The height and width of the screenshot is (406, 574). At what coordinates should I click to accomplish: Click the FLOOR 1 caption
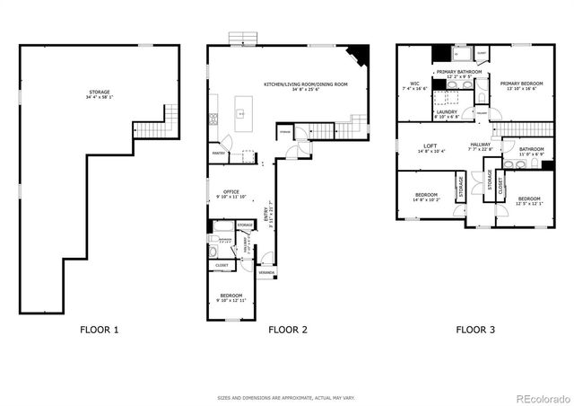click(99, 330)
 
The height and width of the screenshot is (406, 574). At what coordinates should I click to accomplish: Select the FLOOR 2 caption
click(288, 330)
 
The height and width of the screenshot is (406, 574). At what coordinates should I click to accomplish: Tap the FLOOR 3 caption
click(475, 330)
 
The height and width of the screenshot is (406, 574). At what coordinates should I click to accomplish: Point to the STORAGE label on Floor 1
click(100, 93)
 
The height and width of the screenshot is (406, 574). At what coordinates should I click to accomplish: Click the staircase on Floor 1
click(152, 125)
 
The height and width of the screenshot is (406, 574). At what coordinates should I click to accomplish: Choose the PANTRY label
click(218, 154)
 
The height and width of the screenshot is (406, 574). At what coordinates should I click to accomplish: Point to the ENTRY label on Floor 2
click(266, 216)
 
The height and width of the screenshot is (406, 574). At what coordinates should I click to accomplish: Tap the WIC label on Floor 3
click(415, 84)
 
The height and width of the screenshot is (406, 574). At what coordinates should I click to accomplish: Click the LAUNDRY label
click(447, 111)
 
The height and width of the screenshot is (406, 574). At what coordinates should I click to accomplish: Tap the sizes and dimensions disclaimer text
click(286, 397)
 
